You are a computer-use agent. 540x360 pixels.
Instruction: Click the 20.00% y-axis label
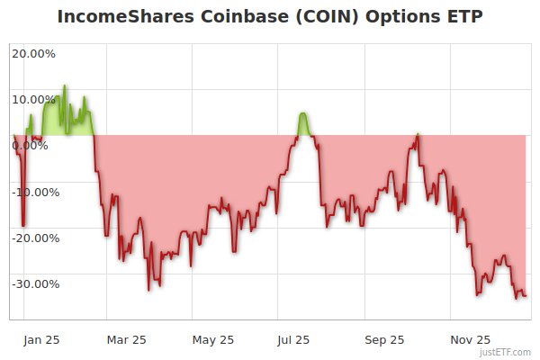(33, 53)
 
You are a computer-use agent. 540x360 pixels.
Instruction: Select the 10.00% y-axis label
(33, 99)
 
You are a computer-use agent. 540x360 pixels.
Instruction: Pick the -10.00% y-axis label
(33, 192)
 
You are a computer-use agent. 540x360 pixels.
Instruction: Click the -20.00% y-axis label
(33, 238)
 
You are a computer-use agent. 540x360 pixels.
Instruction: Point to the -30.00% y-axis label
(33, 283)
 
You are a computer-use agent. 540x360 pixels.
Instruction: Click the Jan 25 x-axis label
(41, 339)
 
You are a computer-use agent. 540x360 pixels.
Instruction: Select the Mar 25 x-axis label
(126, 339)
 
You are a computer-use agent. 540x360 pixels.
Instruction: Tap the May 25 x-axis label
(213, 339)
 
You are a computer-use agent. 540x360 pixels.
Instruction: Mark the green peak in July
(303, 114)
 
